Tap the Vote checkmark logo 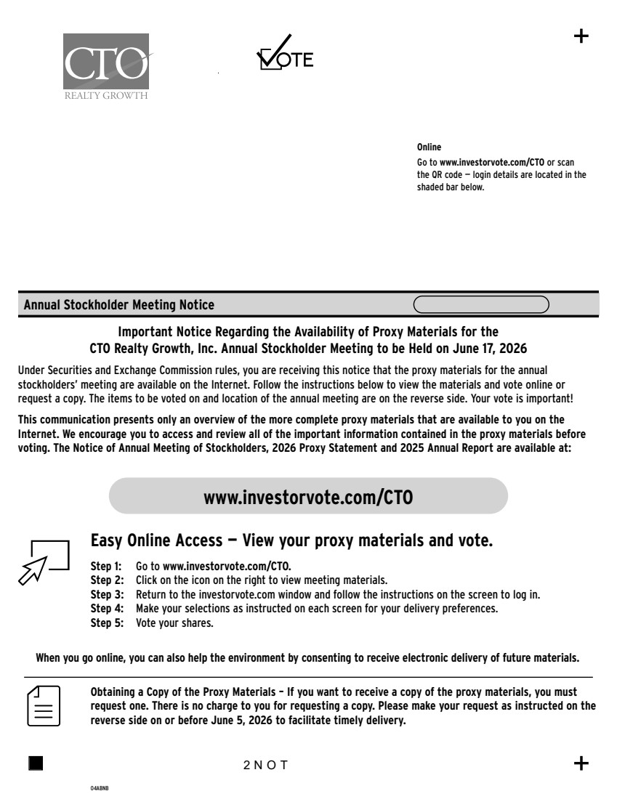coord(285,53)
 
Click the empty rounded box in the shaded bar coord(481,304)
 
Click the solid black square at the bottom coord(36,763)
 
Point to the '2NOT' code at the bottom coord(266,764)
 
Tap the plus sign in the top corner coord(581,37)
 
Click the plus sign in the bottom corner coord(581,763)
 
